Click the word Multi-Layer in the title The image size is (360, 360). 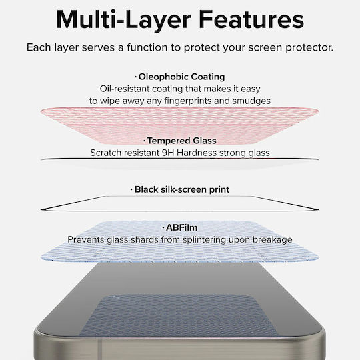coord(123,20)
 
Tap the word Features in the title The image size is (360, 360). coord(251,19)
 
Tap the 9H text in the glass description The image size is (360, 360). coord(168,153)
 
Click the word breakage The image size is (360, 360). coord(273,240)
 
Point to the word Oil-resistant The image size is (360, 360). coord(125,89)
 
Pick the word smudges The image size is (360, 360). coord(251,101)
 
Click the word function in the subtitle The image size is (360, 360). coord(147,47)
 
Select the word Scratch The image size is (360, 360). coord(105,153)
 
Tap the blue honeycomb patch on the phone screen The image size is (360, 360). coord(179,316)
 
